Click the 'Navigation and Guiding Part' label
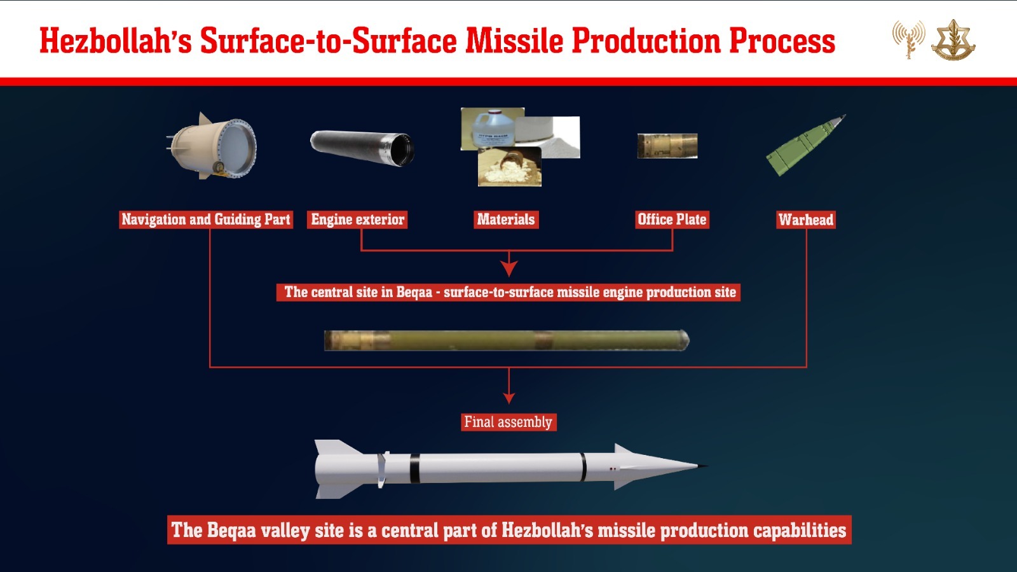(206, 220)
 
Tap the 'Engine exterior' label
(357, 220)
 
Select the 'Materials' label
(506, 220)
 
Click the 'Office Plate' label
(672, 220)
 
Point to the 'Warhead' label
(806, 220)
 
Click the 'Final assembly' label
(508, 422)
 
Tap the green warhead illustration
(805, 144)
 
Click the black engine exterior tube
(362, 148)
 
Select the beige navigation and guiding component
(212, 146)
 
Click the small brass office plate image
(667, 145)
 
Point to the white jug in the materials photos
(492, 129)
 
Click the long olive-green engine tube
(507, 340)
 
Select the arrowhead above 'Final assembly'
(509, 398)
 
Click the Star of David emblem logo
(953, 39)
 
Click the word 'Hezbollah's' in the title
(116, 41)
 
